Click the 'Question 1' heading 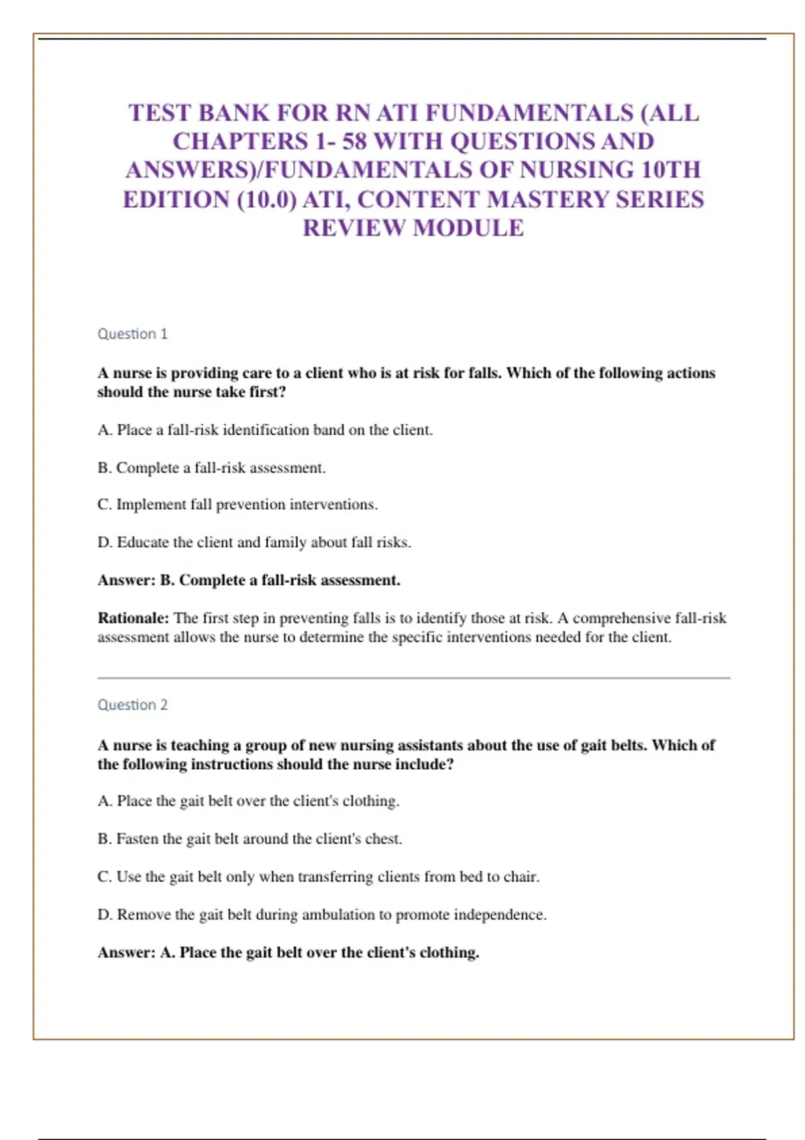[x=132, y=334]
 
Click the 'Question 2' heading [x=132, y=705]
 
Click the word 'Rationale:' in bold [x=133, y=618]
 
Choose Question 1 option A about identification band [x=265, y=430]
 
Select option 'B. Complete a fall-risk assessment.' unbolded [x=211, y=468]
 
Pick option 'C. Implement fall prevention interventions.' [x=237, y=504]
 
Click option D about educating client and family [x=254, y=543]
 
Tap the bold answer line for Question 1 [x=249, y=580]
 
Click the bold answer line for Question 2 [x=288, y=952]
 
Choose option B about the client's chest [x=250, y=839]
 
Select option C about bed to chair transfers [x=319, y=877]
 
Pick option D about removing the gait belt [x=322, y=915]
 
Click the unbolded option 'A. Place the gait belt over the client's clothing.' [x=248, y=801]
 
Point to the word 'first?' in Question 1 [x=268, y=392]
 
